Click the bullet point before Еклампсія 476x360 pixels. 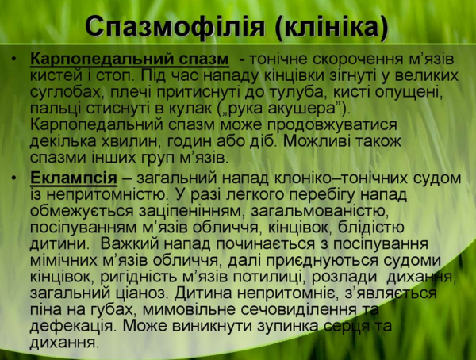coord(16,177)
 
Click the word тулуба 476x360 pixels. coord(289,93)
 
